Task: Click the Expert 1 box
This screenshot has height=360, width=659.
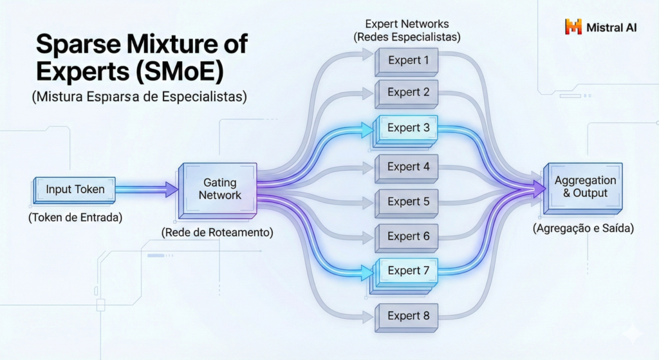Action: click(407, 61)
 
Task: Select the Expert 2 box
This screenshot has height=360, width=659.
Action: click(407, 94)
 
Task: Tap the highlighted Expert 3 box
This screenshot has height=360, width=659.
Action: click(404, 131)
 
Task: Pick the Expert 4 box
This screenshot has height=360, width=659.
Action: click(407, 168)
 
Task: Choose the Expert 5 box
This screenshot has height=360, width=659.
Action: click(407, 203)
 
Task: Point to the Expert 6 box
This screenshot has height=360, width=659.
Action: click(407, 238)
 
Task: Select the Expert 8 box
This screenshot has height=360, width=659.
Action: click(407, 317)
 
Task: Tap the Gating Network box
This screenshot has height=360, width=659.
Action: click(218, 191)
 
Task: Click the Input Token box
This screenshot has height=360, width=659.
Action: click(74, 191)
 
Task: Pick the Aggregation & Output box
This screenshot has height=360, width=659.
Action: click(583, 188)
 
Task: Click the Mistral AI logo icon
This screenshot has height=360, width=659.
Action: click(573, 26)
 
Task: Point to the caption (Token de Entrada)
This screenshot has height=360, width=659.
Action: click(75, 218)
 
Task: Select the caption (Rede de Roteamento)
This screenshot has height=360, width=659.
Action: click(218, 232)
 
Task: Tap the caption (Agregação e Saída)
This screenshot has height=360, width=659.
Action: click(583, 229)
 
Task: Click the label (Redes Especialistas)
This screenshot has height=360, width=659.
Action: click(407, 37)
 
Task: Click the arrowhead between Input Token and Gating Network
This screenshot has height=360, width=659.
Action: click(171, 189)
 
